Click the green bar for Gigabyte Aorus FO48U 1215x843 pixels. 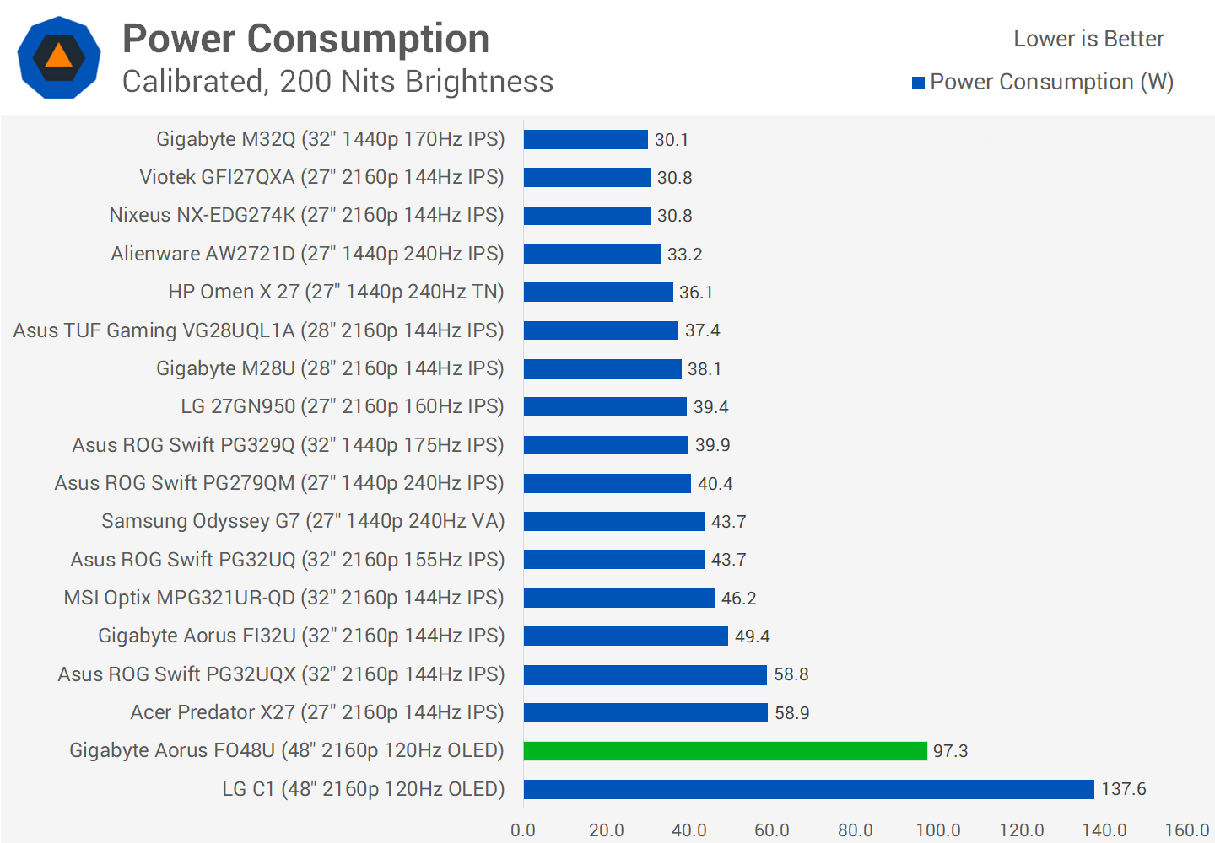(x=725, y=750)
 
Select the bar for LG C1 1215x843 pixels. (x=808, y=789)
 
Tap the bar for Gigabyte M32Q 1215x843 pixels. (x=586, y=139)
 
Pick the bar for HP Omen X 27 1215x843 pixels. (x=598, y=292)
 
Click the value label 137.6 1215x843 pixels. (x=1124, y=789)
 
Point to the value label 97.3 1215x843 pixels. (x=950, y=750)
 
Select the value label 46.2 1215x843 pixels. (x=738, y=598)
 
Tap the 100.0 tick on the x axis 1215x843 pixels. (x=938, y=830)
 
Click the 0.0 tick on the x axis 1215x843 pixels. (x=523, y=830)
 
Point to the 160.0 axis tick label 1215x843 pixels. (x=1187, y=830)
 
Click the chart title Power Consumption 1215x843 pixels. (x=305, y=39)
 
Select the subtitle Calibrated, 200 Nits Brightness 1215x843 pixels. (x=337, y=82)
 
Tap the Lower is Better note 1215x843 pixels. (x=1088, y=39)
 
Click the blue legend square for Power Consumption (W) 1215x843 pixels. (x=918, y=83)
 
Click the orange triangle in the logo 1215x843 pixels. (x=58, y=56)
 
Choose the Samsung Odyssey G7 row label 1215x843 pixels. (x=302, y=521)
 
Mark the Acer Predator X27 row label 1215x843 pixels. (x=316, y=712)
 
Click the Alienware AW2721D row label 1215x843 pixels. (x=307, y=254)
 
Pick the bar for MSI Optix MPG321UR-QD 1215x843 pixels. (x=618, y=598)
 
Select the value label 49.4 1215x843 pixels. (x=752, y=636)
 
